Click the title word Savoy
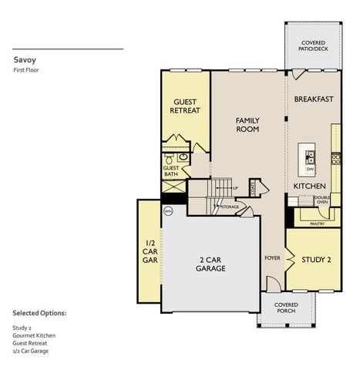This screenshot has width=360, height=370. (x=24, y=59)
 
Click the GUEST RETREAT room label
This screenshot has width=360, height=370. (x=185, y=106)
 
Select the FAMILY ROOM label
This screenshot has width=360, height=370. (x=247, y=125)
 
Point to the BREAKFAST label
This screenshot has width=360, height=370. (x=314, y=99)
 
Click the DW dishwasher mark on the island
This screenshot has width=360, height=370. (x=311, y=168)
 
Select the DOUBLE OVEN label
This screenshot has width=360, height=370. (x=322, y=200)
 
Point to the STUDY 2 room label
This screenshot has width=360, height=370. (x=316, y=260)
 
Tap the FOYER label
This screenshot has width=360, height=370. (x=273, y=257)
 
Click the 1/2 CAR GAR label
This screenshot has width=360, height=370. (x=150, y=251)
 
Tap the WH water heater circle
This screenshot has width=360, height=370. (x=168, y=210)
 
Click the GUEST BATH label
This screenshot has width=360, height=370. (x=171, y=171)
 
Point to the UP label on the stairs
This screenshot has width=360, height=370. (x=234, y=188)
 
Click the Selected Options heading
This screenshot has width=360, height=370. (x=39, y=314)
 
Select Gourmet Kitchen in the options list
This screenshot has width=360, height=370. (x=34, y=335)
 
